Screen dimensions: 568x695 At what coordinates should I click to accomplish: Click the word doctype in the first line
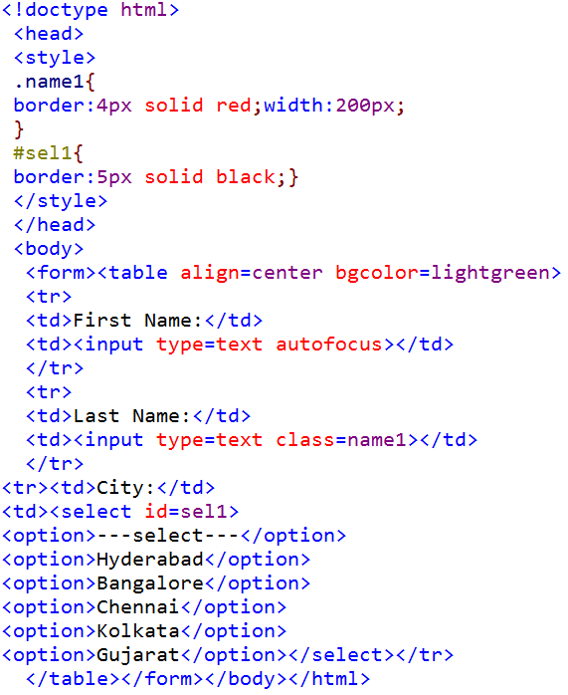coord(67,10)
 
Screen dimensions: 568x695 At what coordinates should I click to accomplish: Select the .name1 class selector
coord(49,82)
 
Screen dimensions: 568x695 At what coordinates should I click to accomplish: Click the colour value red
coord(234,106)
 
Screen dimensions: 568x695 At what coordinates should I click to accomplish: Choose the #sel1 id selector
coord(43,153)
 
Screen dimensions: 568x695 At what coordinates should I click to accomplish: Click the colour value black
coord(246,177)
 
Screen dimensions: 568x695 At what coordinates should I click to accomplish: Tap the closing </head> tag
coord(55,225)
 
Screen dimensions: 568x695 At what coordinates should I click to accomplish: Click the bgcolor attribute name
coord(377,273)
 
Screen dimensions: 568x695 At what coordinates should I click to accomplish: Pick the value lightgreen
coord(490,273)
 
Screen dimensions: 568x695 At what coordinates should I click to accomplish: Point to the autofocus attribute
coord(329,345)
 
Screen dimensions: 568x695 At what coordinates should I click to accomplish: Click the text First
coord(102,321)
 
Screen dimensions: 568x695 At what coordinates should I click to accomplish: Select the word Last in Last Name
coord(96,416)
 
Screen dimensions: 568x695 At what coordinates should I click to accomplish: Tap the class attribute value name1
coord(377,440)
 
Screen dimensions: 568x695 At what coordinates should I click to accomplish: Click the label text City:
coord(125,488)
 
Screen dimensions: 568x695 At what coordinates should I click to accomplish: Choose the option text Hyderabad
coord(150,560)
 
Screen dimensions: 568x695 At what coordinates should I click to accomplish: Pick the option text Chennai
coord(138,607)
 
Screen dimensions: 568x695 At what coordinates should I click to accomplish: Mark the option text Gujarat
coord(138,655)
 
